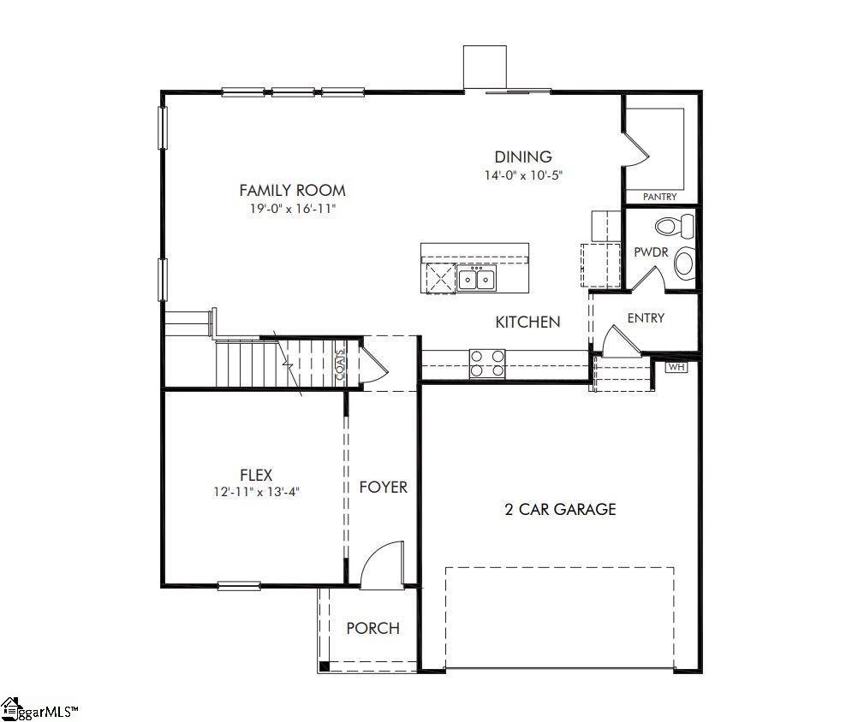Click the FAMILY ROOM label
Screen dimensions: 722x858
pyautogui.click(x=292, y=190)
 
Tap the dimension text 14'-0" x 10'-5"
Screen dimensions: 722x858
pyautogui.click(x=523, y=175)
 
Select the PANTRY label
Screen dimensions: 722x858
pyautogui.click(x=659, y=197)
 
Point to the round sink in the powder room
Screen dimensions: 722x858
pyautogui.click(x=684, y=263)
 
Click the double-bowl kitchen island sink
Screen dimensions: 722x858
pyautogui.click(x=476, y=279)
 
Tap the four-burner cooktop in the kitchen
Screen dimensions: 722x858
pyautogui.click(x=487, y=364)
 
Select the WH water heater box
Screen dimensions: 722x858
pyautogui.click(x=676, y=367)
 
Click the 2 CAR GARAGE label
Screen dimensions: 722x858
pyautogui.click(x=560, y=509)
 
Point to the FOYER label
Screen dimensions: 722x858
pyautogui.click(x=383, y=487)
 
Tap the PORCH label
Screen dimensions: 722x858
pyautogui.click(x=372, y=628)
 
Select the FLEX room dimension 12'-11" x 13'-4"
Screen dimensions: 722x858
pyautogui.click(x=256, y=491)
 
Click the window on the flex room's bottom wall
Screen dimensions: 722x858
pyautogui.click(x=238, y=586)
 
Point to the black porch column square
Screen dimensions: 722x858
pyautogui.click(x=324, y=666)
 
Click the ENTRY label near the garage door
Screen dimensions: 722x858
pyautogui.click(x=646, y=318)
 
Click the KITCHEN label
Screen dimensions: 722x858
pyautogui.click(x=528, y=322)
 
